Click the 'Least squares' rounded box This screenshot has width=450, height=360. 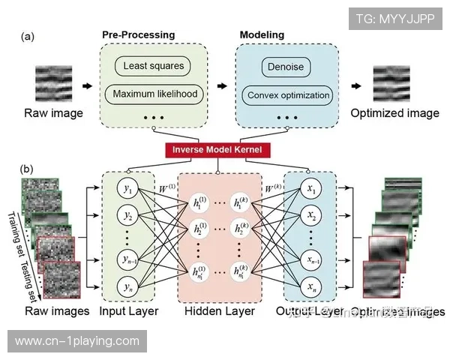click(x=153, y=66)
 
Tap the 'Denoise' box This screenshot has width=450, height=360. click(x=286, y=67)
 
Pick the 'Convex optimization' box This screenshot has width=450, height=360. click(x=287, y=95)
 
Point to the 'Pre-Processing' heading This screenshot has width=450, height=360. click(x=138, y=34)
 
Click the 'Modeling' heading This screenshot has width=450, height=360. click(x=262, y=34)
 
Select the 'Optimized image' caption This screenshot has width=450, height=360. click(x=394, y=113)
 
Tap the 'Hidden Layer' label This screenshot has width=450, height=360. click(x=220, y=310)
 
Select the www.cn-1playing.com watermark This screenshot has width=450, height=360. click(x=77, y=340)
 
